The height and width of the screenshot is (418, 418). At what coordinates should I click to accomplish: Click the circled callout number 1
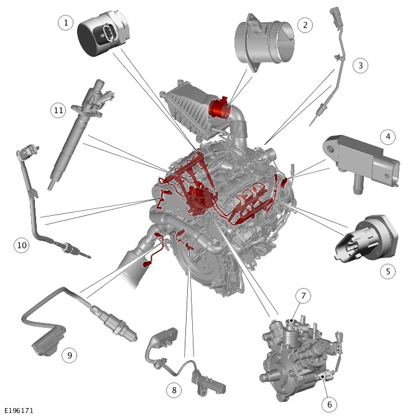click(65, 22)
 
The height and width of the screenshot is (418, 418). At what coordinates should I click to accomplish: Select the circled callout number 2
click(305, 25)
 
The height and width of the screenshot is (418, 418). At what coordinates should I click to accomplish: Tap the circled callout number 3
click(360, 65)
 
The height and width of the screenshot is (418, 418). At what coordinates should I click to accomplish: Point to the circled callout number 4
click(388, 137)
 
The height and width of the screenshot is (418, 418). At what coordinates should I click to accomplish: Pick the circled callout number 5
click(388, 271)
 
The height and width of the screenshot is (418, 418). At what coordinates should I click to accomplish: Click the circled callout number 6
click(329, 404)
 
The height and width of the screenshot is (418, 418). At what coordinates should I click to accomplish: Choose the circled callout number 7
click(303, 295)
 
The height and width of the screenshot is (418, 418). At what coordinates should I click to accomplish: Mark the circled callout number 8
click(174, 390)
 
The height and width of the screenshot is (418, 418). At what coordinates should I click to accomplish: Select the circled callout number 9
click(69, 355)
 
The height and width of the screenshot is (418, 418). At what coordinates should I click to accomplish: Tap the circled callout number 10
click(22, 245)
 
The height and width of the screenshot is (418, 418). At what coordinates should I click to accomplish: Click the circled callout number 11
click(58, 110)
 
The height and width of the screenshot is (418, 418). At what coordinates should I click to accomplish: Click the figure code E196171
click(19, 411)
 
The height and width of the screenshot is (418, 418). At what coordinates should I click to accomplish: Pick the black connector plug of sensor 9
click(48, 341)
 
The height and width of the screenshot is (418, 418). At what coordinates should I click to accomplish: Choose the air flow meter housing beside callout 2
click(264, 42)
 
